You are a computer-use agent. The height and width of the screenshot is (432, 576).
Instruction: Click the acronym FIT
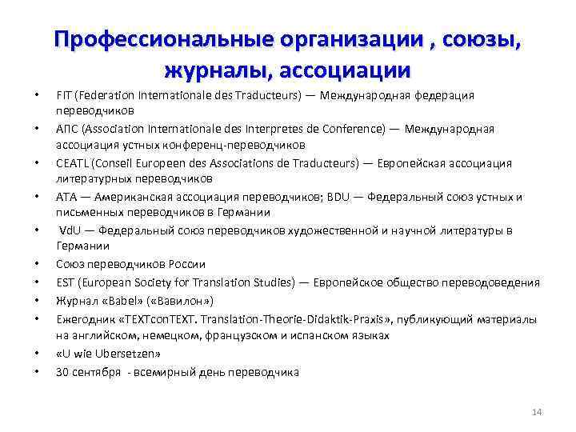point(63,95)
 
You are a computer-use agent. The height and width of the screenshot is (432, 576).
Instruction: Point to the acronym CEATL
point(70,163)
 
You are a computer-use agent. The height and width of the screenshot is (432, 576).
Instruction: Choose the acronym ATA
point(66,197)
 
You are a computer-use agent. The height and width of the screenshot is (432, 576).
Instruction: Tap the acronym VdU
point(70,230)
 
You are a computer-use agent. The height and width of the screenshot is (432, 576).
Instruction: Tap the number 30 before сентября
point(62,372)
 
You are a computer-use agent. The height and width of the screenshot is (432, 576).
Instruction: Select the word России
point(188,263)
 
